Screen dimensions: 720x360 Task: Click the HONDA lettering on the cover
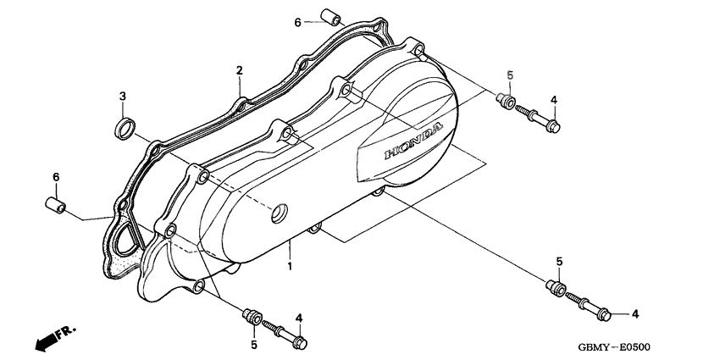tap(413, 141)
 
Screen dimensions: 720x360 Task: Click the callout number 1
tap(290, 267)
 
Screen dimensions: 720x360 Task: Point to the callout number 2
tap(239, 70)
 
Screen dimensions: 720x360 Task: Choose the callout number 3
tap(123, 97)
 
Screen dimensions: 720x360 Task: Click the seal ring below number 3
tap(125, 129)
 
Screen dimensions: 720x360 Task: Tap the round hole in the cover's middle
tap(280, 213)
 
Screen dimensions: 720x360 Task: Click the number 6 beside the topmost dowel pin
tap(297, 22)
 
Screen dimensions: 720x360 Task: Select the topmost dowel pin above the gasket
tap(330, 17)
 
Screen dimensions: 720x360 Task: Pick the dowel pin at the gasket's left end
tap(56, 205)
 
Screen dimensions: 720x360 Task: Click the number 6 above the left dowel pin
tap(56, 177)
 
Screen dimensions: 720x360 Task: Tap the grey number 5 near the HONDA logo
tap(510, 75)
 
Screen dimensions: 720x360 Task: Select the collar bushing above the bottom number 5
tap(252, 317)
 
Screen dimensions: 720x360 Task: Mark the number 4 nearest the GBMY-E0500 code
tap(635, 314)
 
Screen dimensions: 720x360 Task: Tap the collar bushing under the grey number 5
tap(506, 101)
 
